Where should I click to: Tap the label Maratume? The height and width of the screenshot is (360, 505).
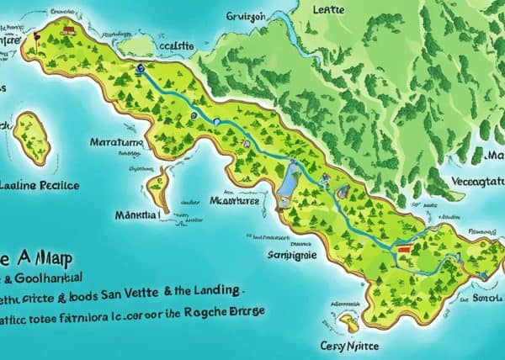pyautogui.click(x=117, y=144)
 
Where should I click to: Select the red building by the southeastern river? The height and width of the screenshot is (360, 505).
pyautogui.click(x=405, y=249)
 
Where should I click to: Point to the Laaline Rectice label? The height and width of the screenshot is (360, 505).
pyautogui.click(x=40, y=184)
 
